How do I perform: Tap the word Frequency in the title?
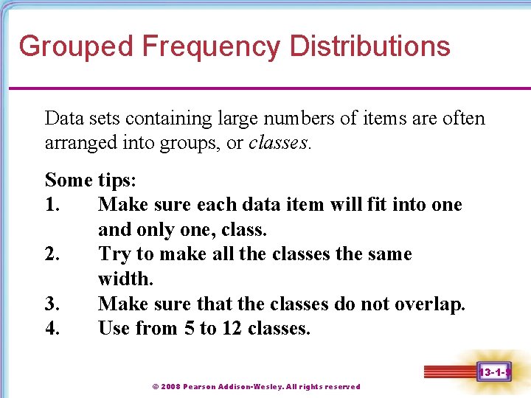click(x=211, y=46)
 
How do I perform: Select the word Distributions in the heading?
click(x=369, y=46)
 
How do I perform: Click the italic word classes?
click(x=279, y=142)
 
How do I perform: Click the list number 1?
click(x=52, y=204)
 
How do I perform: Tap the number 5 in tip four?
click(x=189, y=328)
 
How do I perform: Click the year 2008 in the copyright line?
click(x=171, y=386)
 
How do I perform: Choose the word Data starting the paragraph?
click(x=63, y=118)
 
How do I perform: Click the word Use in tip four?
click(x=114, y=328)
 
